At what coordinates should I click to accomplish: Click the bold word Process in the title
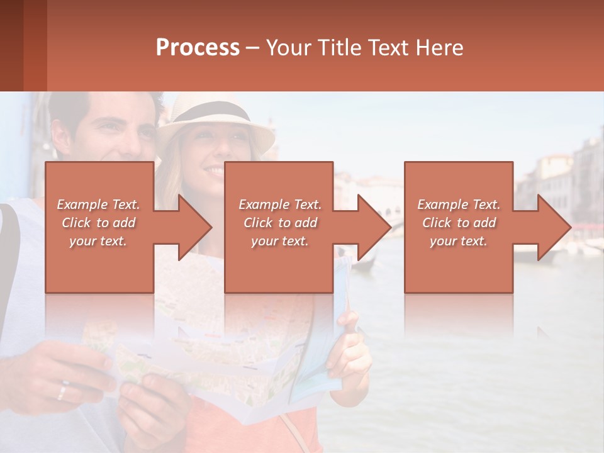click(198, 47)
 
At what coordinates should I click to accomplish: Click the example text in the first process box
click(99, 223)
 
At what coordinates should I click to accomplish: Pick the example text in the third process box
click(459, 223)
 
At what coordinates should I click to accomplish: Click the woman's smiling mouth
click(214, 171)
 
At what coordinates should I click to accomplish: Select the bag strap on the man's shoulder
click(9, 252)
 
